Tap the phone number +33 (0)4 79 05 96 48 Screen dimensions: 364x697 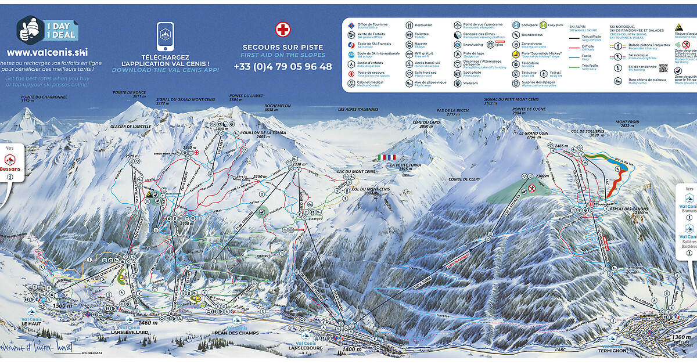coord(282,66)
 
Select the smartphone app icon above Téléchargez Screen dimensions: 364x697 coord(165,36)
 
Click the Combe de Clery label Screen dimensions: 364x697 coord(464,179)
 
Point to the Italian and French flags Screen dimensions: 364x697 coord(386,157)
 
